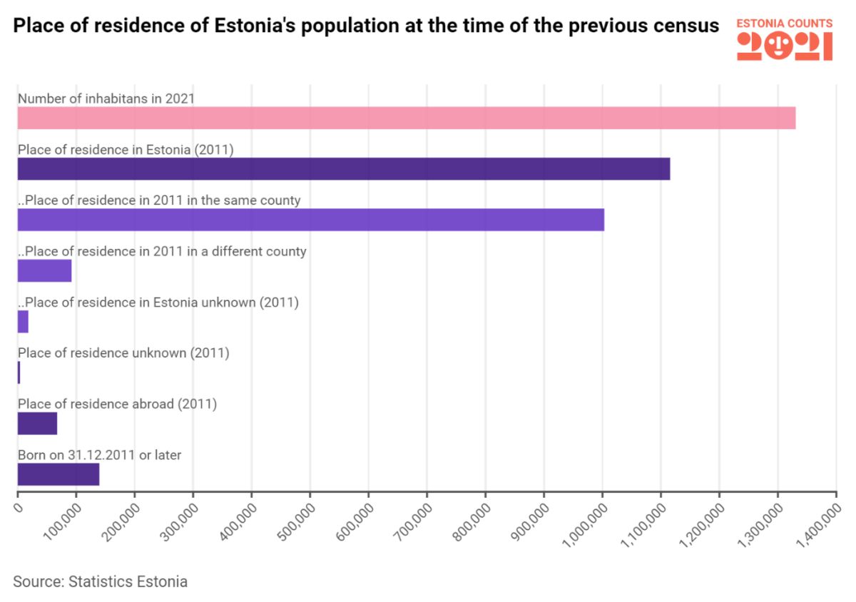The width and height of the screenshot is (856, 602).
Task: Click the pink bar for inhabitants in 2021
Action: click(406, 118)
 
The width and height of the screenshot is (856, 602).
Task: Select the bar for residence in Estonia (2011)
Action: click(343, 169)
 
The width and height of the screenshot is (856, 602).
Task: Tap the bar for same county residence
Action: click(310, 220)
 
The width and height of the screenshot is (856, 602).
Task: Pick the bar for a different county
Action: click(44, 271)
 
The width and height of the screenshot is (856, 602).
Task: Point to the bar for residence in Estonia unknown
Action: click(23, 322)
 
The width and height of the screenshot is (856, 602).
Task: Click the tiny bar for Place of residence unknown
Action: click(19, 372)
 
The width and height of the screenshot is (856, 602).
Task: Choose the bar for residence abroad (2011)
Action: click(37, 424)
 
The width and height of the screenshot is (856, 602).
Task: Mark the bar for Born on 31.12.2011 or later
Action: click(58, 474)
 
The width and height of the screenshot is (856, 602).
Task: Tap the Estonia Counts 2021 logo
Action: click(784, 39)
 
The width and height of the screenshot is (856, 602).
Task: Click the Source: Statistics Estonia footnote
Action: click(100, 581)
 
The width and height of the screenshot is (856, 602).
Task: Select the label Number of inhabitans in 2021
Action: click(106, 98)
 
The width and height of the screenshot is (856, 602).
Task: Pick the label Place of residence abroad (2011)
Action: click(117, 404)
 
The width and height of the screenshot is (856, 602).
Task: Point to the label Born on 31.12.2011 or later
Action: click(99, 454)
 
